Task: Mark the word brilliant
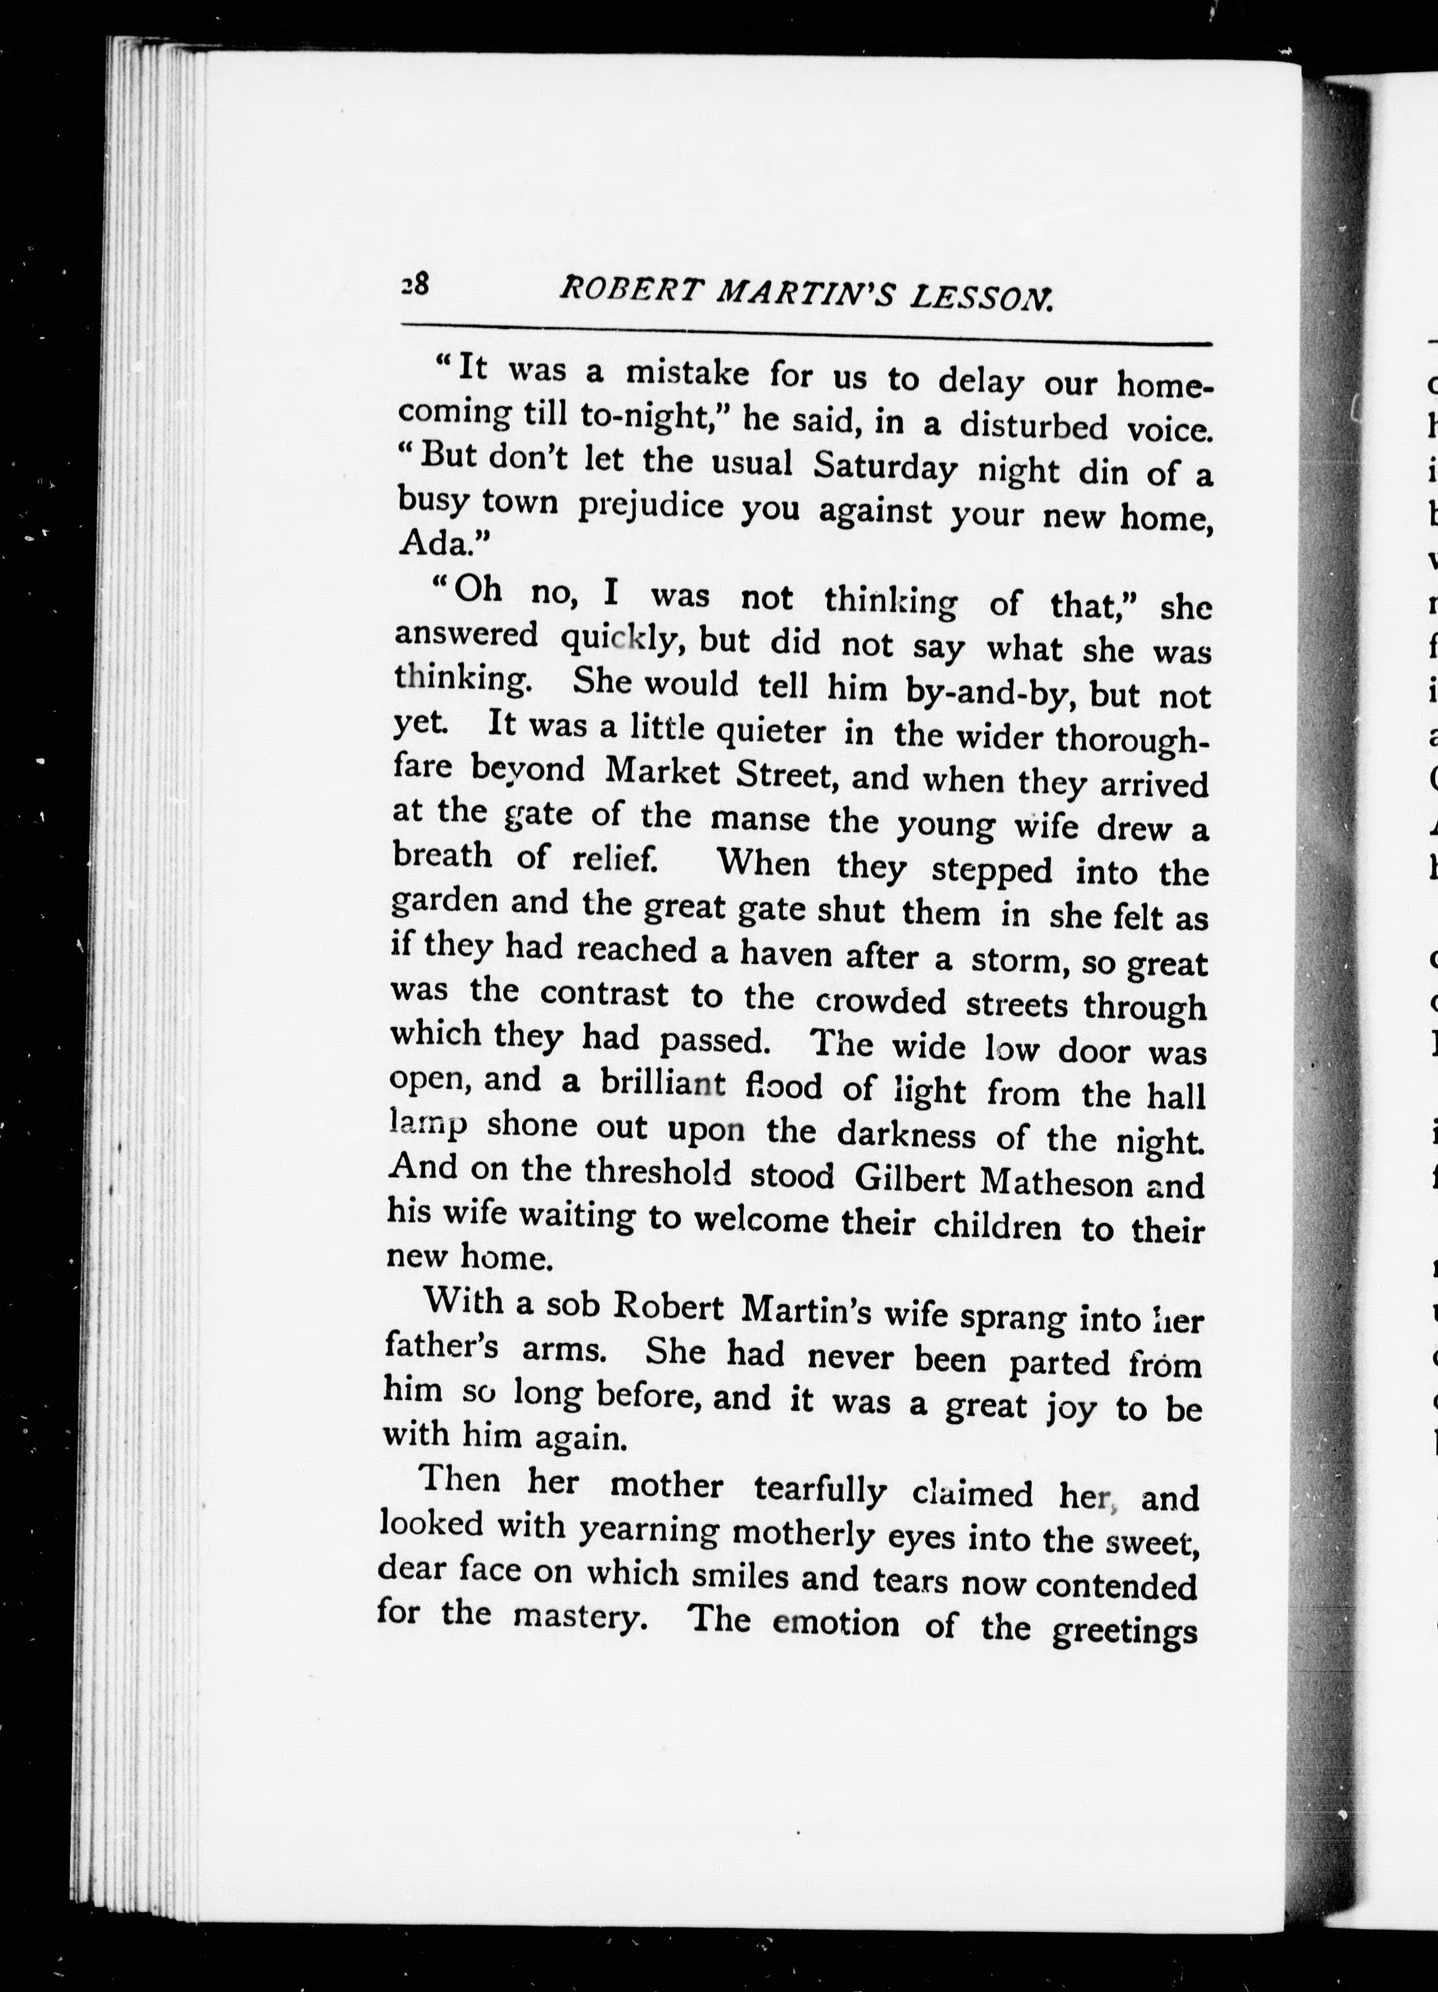click(663, 1083)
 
